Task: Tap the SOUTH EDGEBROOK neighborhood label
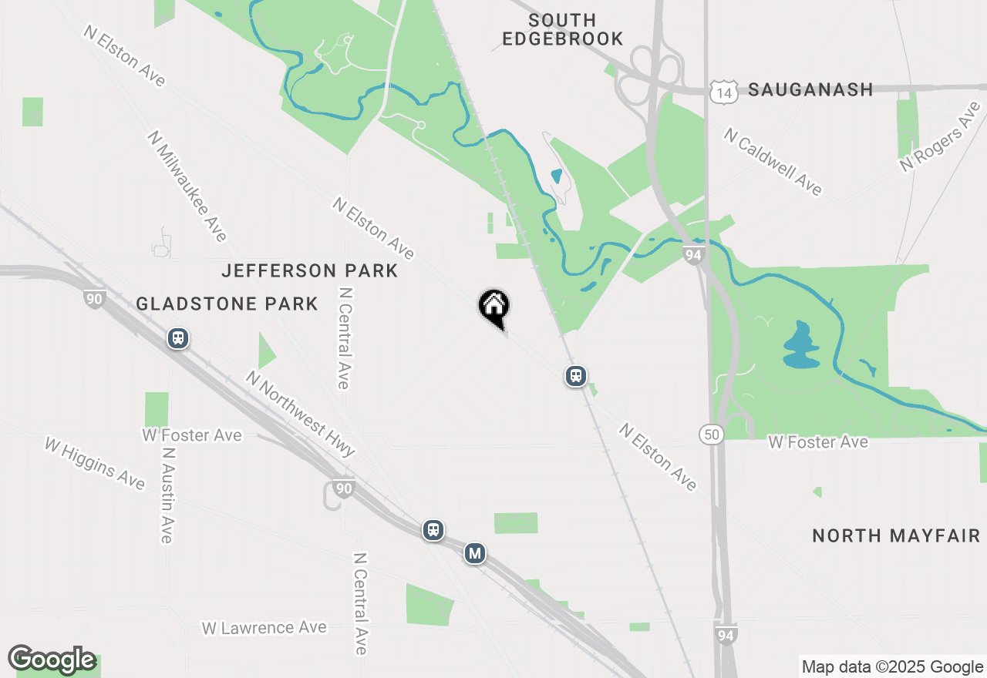(x=562, y=29)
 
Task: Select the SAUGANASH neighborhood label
(x=810, y=89)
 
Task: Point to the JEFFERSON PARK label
(x=309, y=270)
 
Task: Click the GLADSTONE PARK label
(x=227, y=304)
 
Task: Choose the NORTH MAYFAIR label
(x=896, y=535)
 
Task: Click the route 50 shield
(x=712, y=435)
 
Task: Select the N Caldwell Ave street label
(x=773, y=161)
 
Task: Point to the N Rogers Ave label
(x=942, y=137)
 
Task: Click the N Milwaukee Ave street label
(x=187, y=186)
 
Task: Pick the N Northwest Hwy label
(x=300, y=413)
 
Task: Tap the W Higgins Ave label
(x=94, y=463)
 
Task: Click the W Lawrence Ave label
(x=264, y=628)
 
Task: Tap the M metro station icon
(x=475, y=553)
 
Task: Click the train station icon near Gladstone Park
(x=178, y=338)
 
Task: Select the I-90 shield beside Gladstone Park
(x=95, y=299)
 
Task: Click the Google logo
(x=52, y=660)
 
